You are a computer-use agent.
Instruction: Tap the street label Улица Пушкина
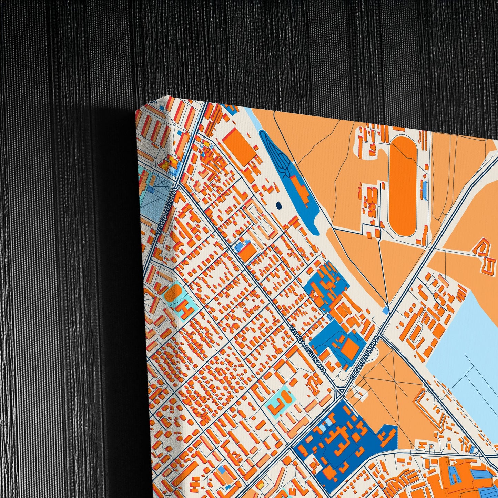point(308,349)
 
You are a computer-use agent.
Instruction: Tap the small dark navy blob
point(278,206)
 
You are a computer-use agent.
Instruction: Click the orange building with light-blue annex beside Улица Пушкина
point(246,252)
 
